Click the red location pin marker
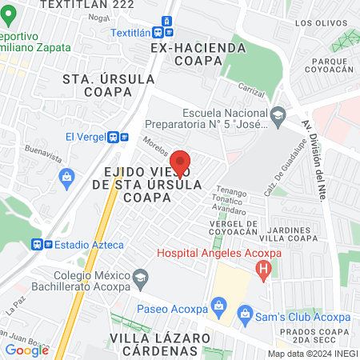181,164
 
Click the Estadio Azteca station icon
37,244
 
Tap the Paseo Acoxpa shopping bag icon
216,306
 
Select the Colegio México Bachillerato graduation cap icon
141,279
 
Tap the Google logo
27,350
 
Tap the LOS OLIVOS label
314,23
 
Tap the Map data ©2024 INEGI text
312,353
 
